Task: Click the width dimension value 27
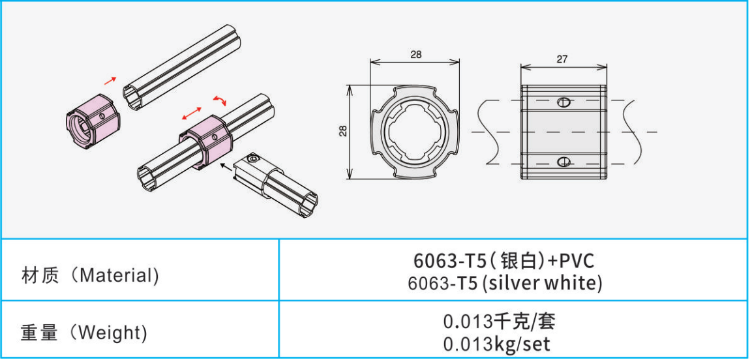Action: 562,59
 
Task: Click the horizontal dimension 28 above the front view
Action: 416,55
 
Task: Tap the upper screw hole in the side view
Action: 564,102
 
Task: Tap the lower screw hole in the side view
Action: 564,161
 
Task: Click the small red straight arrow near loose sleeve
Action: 110,80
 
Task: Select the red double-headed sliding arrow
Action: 192,113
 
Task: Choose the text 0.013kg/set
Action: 496,344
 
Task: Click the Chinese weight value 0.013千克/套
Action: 499,322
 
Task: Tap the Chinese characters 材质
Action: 41,276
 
